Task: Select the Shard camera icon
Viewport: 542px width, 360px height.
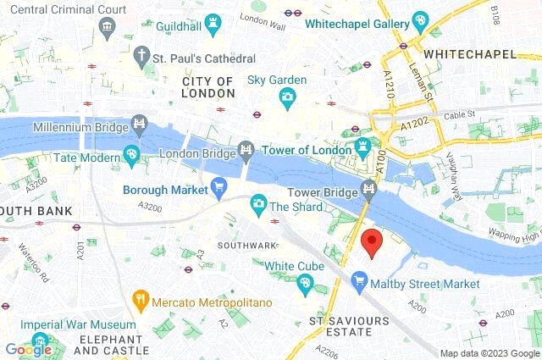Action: coord(258,204)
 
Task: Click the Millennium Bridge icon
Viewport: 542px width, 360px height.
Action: coord(137,128)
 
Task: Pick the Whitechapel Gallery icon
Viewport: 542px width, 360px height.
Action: coord(420,19)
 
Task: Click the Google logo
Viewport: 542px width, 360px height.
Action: coord(28,350)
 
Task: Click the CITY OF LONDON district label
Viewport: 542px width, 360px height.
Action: coord(208,87)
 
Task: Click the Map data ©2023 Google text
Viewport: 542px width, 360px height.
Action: coord(489,353)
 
